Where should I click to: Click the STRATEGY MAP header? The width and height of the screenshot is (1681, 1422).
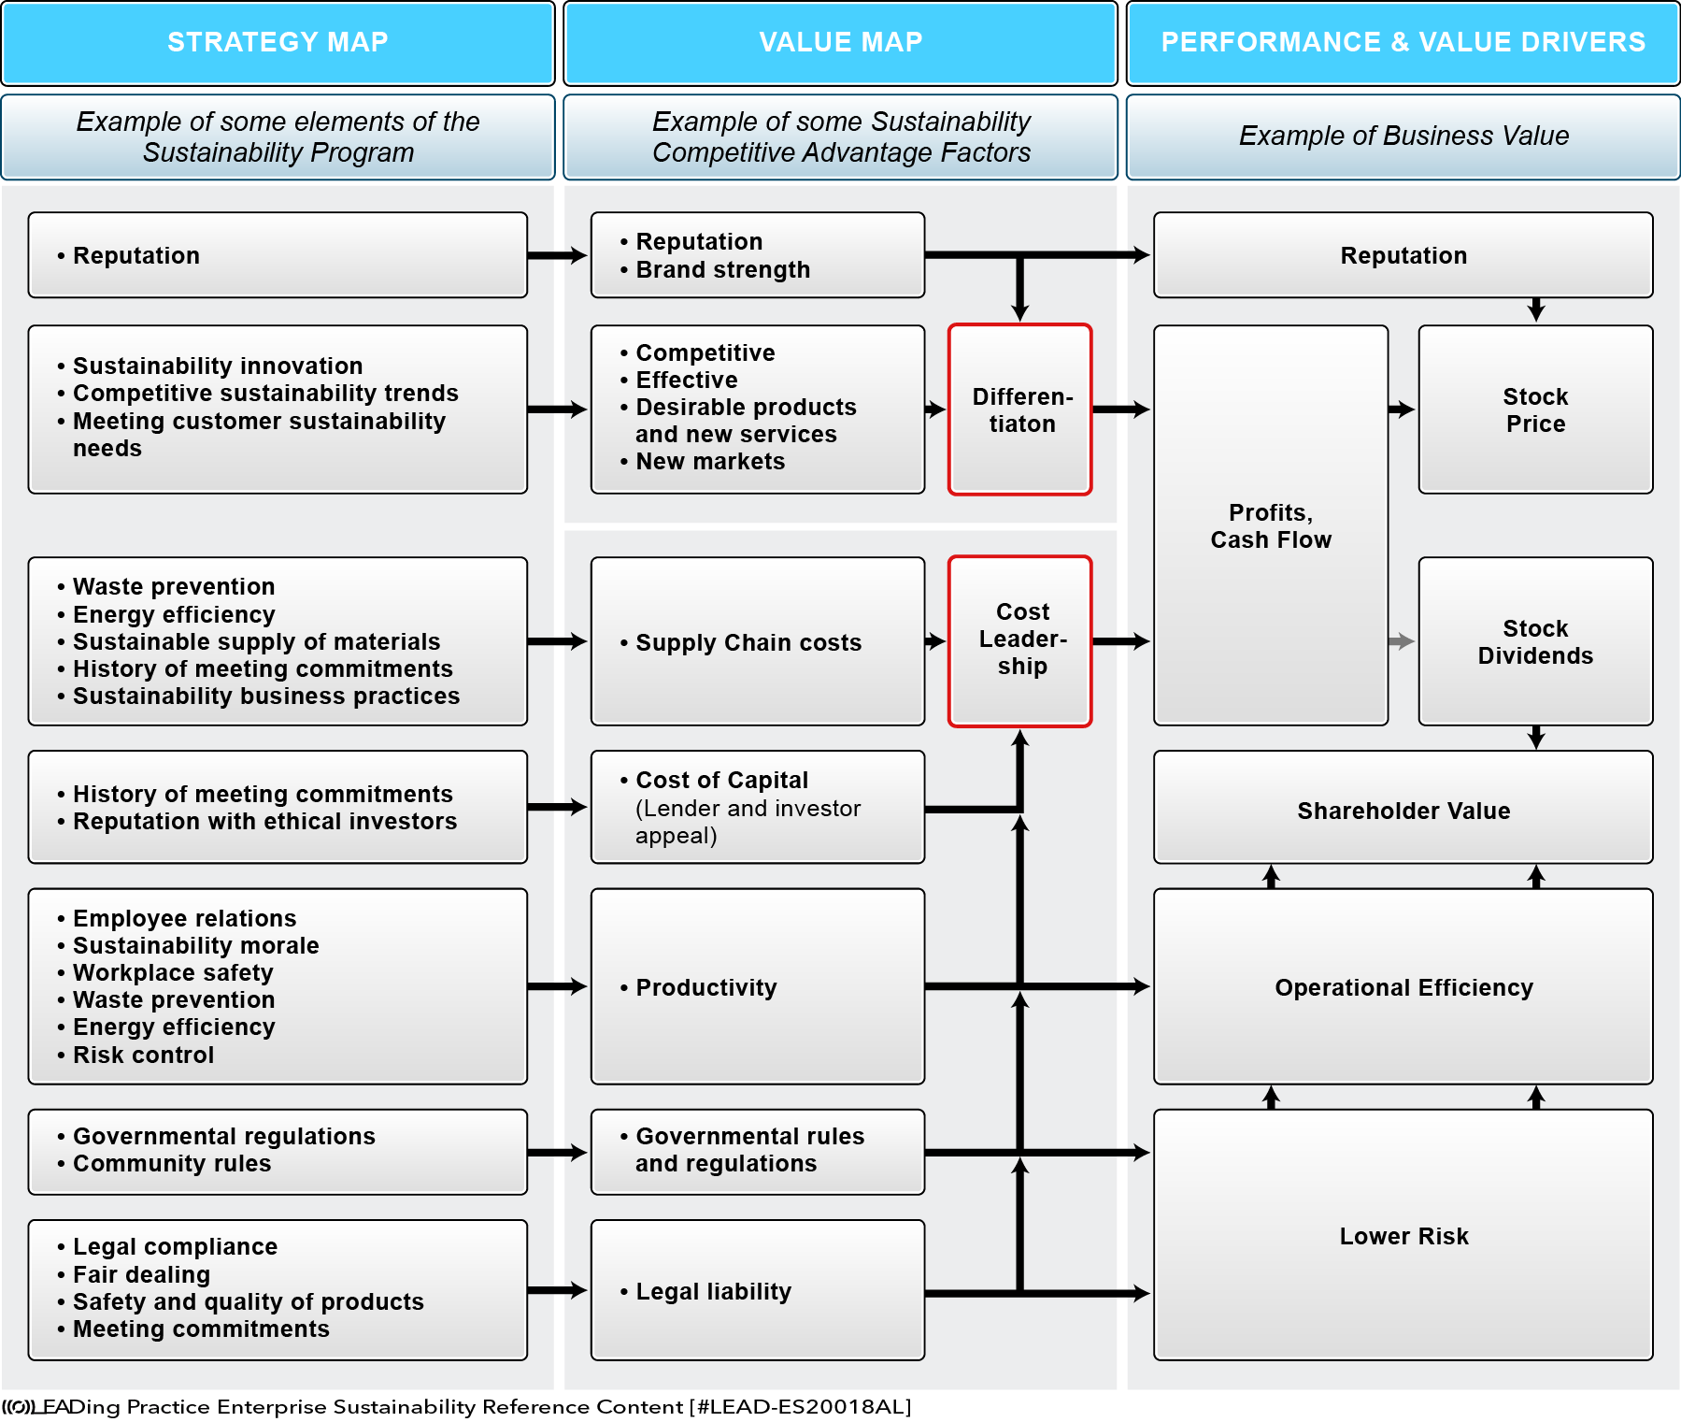click(x=278, y=43)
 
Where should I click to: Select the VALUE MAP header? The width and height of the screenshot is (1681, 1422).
click(x=840, y=43)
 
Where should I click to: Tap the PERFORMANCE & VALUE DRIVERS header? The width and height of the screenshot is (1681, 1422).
click(x=1403, y=43)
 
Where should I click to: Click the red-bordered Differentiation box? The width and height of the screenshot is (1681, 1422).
click(x=1020, y=409)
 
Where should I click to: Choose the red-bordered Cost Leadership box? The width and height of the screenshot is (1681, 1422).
click(x=1020, y=641)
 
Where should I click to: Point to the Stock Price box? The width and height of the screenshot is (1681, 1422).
click(x=1535, y=409)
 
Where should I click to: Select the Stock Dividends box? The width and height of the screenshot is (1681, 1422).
click(x=1535, y=641)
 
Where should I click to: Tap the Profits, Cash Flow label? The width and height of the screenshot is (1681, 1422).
click(x=1271, y=526)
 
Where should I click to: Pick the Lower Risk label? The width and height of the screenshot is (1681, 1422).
click(x=1403, y=1236)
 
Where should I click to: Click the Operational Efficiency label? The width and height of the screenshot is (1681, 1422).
click(x=1403, y=987)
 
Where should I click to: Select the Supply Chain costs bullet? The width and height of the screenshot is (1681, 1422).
click(x=740, y=642)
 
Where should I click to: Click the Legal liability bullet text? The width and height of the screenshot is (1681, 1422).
click(x=705, y=1291)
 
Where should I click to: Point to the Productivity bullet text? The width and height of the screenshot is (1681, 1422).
click(x=698, y=987)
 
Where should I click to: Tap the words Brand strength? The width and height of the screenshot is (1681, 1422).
click(x=722, y=269)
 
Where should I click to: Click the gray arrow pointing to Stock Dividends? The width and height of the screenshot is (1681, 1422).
click(x=1402, y=641)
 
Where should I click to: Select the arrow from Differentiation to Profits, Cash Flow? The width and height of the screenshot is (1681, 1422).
click(x=1121, y=409)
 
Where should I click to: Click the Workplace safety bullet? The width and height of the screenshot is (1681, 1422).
click(x=164, y=972)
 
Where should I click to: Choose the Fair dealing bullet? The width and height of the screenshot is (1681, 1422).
click(x=134, y=1274)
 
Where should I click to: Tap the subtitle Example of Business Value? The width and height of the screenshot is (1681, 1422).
click(x=1403, y=136)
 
